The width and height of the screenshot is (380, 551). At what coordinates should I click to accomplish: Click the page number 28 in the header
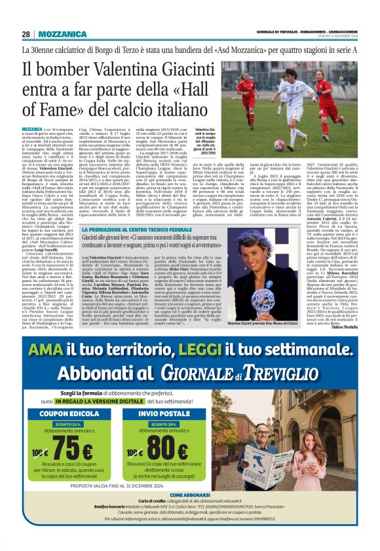point(26,34)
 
